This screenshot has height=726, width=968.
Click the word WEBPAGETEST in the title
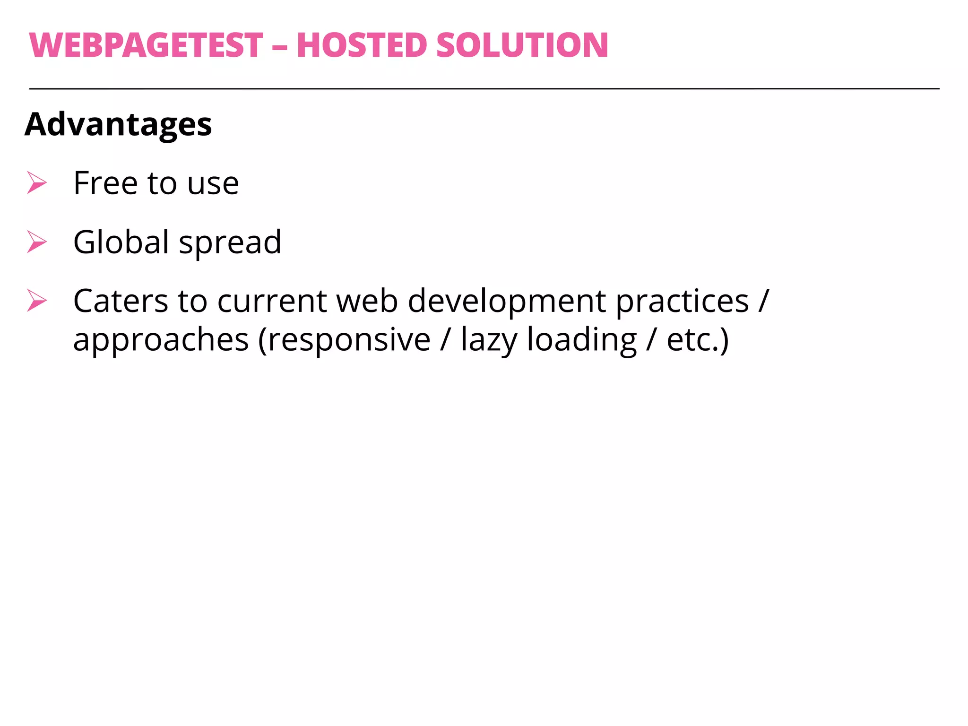(146, 45)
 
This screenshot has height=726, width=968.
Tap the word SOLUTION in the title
(522, 45)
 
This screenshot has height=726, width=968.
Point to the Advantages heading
(118, 124)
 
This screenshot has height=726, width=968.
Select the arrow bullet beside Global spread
(36, 242)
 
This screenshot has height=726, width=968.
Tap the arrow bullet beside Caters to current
(36, 301)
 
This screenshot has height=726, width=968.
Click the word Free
(105, 183)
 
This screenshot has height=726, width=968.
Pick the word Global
(121, 242)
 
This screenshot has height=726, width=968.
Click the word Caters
(121, 301)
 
